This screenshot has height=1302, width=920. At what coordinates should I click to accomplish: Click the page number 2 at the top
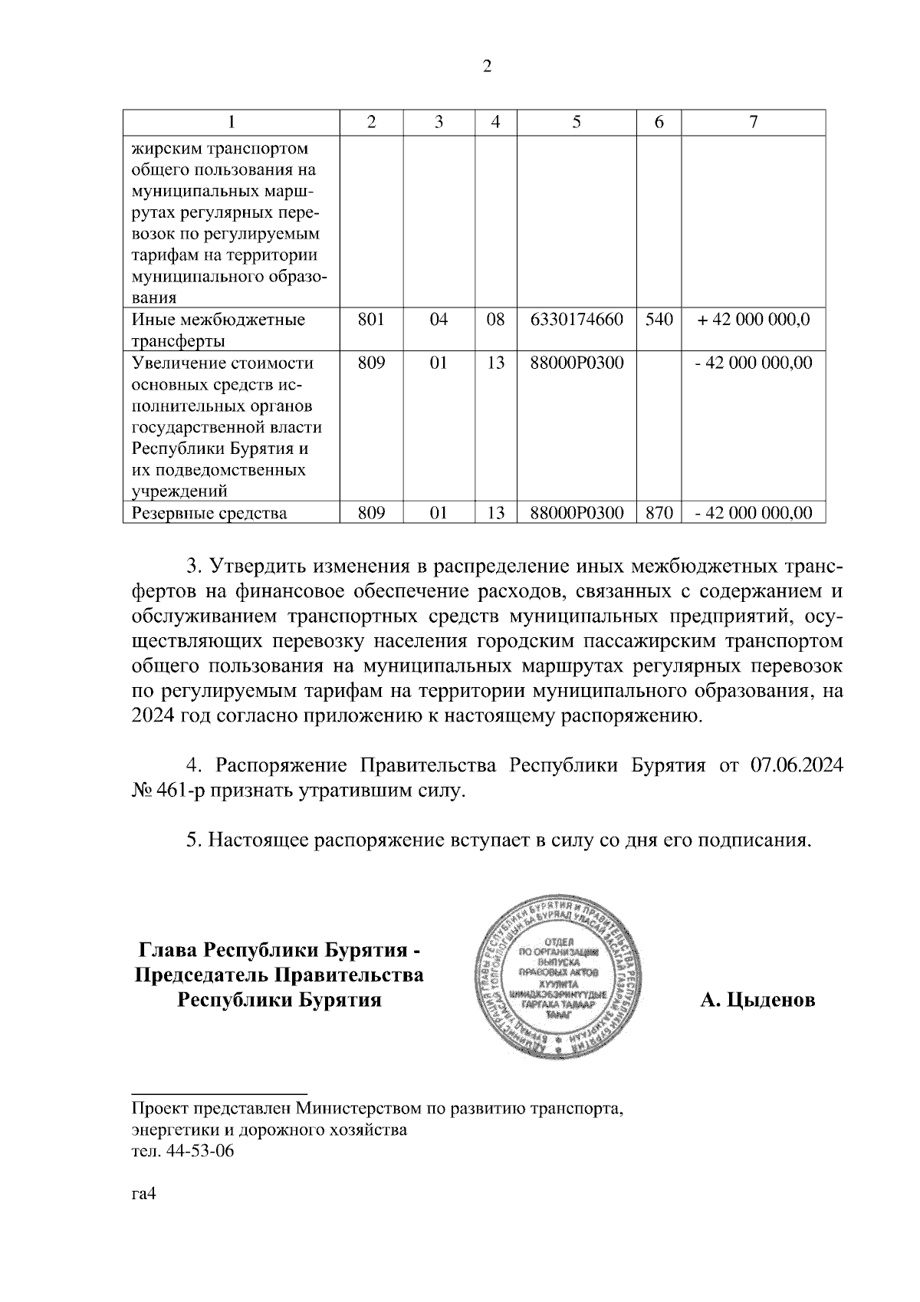pyautogui.click(x=486, y=67)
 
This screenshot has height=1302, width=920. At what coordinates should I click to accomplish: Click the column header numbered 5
pyautogui.click(x=577, y=122)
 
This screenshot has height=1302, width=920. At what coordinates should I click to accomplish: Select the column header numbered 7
pyautogui.click(x=753, y=122)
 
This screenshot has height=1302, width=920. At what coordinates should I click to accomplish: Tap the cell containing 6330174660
pyautogui.click(x=577, y=320)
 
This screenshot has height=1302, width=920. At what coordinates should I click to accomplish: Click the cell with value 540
pyautogui.click(x=659, y=320)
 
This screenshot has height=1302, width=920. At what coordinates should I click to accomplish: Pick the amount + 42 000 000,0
pyautogui.click(x=753, y=320)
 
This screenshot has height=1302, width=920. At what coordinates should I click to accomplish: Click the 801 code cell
pyautogui.click(x=371, y=320)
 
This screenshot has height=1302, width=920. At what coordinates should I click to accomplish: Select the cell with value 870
pyautogui.click(x=659, y=513)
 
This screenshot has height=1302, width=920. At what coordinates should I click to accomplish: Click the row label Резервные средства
pyautogui.click(x=209, y=513)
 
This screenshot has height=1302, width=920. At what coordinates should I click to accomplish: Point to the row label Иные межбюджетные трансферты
pyautogui.click(x=219, y=330)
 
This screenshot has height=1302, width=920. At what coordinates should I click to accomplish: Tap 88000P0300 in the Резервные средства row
pyautogui.click(x=577, y=513)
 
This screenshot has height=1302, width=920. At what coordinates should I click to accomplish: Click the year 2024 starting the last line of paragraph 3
pyautogui.click(x=154, y=717)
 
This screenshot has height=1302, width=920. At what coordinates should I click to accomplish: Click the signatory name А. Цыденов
pyautogui.click(x=757, y=1000)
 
